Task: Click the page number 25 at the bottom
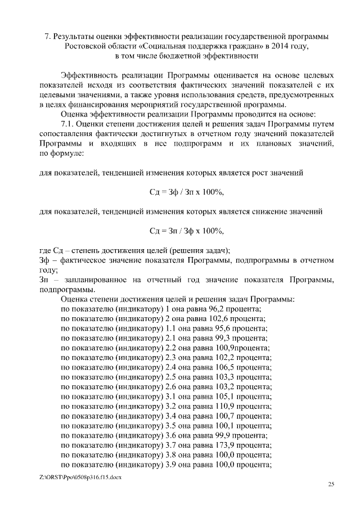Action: pos(331,484)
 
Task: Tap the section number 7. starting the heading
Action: pos(48,37)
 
